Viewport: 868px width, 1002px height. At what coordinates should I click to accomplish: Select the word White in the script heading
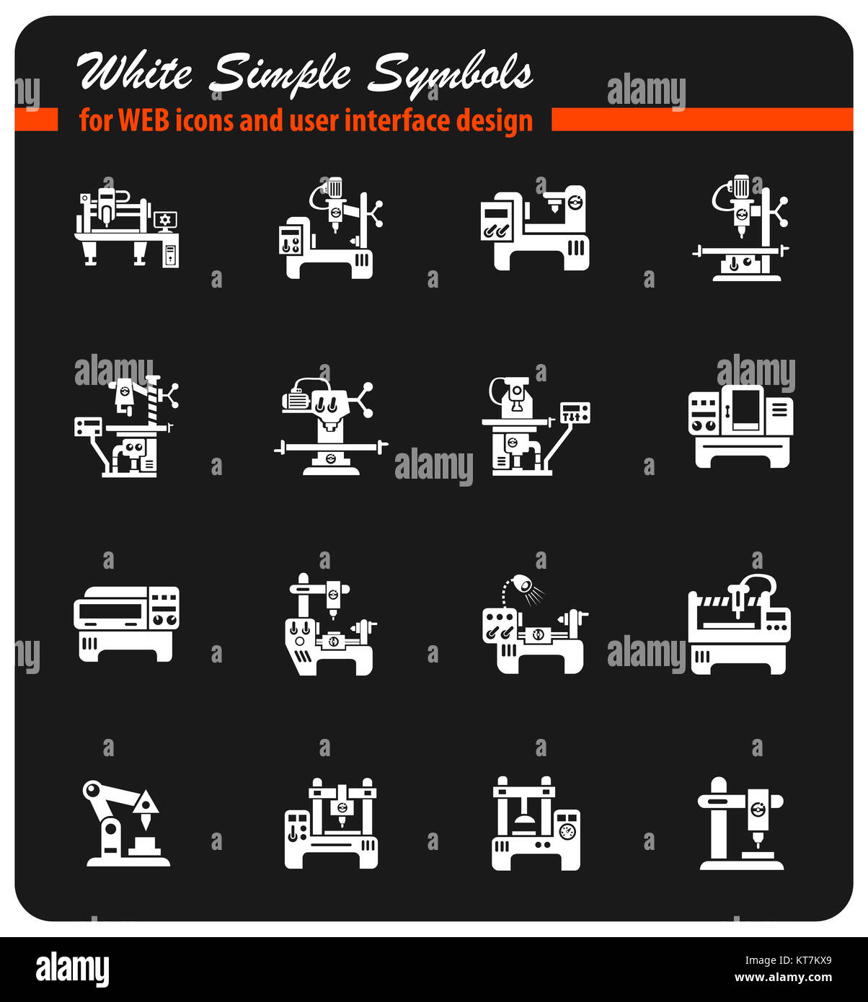tap(135, 73)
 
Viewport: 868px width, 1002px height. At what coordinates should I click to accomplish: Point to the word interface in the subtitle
tap(389, 120)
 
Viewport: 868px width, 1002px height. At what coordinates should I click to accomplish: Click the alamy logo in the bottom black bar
tap(72, 970)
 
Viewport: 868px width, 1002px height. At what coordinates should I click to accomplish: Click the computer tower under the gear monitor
tap(171, 255)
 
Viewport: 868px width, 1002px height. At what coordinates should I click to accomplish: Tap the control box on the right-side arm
tap(575, 413)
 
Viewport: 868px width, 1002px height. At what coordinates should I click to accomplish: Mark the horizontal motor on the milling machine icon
tap(296, 399)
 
